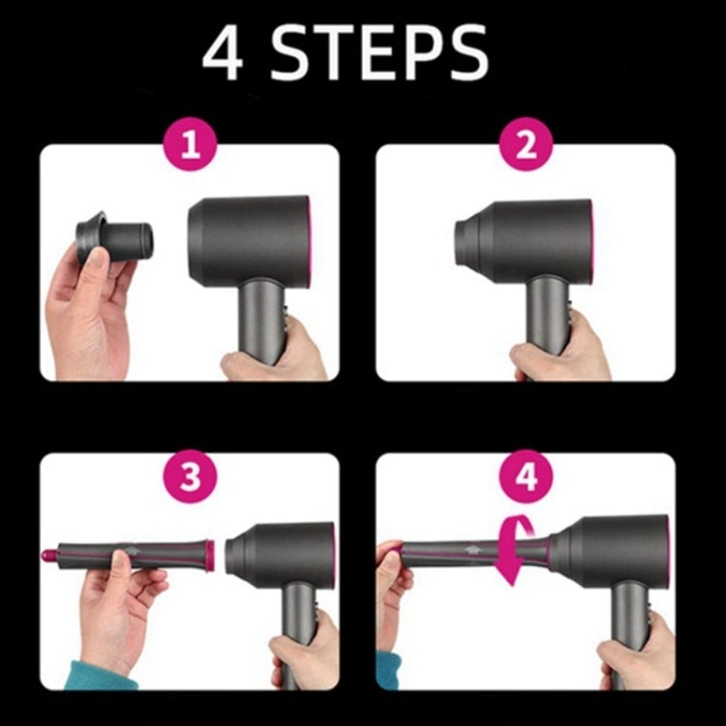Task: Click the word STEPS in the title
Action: (x=378, y=54)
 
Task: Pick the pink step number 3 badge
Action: (x=191, y=476)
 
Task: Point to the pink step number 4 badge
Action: (x=527, y=476)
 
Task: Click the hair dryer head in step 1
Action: (x=249, y=237)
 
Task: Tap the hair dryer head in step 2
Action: (x=528, y=237)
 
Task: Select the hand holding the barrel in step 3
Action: (x=116, y=610)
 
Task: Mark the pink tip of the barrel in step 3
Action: (x=48, y=556)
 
